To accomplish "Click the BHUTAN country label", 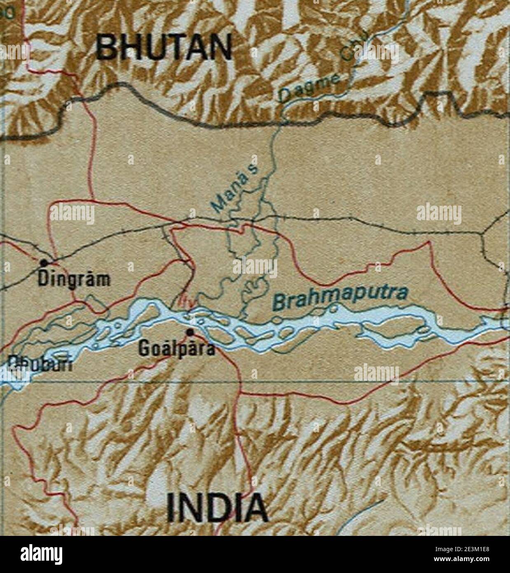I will pyautogui.click(x=164, y=47).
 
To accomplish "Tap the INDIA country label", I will pyautogui.click(x=217, y=507).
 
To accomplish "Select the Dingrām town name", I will pyautogui.click(x=75, y=279).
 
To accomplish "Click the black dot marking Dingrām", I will pyautogui.click(x=43, y=261).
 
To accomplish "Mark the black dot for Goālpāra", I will pyautogui.click(x=189, y=331).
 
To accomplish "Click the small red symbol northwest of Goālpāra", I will pyautogui.click(x=183, y=301).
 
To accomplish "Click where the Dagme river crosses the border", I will pyautogui.click(x=283, y=121).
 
